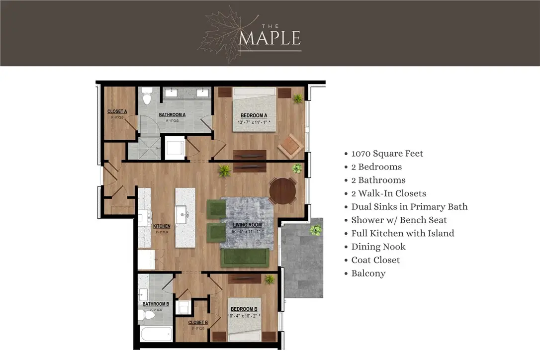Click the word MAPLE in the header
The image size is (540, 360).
270,38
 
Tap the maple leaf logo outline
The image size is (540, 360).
219,35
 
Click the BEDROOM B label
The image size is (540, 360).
243,309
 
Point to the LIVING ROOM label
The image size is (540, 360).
247,225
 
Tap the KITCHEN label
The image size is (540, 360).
162,226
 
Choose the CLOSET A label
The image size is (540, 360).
117,111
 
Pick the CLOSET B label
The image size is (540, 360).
197,323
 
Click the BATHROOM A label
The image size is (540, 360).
172,115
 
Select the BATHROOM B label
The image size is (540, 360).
156,304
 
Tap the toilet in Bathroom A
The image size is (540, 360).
147,95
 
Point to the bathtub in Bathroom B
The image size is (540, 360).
156,334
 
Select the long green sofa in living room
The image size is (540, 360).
245,257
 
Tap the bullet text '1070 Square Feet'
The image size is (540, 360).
387,154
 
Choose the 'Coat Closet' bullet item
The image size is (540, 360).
375,260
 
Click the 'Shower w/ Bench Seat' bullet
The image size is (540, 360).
399,220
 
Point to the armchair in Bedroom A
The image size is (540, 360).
290,146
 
